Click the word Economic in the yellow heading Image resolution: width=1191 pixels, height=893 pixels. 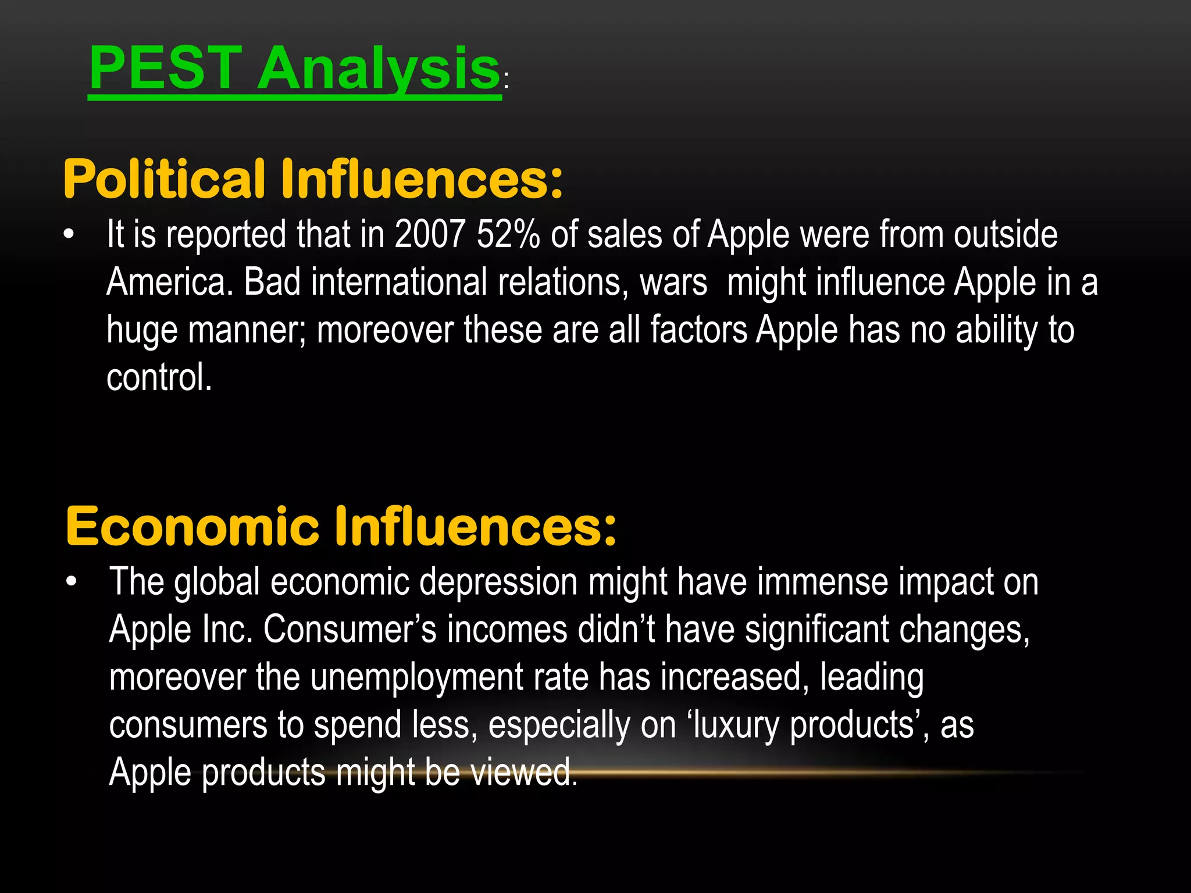point(192,527)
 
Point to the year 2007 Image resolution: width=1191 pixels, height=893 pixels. point(430,235)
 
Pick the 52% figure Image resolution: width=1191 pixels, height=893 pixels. point(508,235)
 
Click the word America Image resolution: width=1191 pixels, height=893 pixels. point(169,283)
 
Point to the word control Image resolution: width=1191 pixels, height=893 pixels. point(159,378)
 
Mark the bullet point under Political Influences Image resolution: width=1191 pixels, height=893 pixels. point(69,235)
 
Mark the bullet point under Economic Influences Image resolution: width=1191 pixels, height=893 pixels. point(71,582)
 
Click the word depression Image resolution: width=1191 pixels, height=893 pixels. point(498,583)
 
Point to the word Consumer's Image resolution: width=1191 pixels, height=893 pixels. point(350,630)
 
